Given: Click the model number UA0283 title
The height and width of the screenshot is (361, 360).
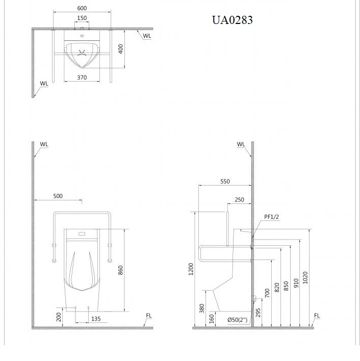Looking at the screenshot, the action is (232, 20).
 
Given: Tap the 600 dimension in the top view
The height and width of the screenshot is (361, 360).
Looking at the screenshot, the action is (82, 8).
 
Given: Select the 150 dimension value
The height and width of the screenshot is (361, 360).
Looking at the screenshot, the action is (82, 18).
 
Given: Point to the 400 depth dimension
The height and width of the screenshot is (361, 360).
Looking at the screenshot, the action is (120, 49).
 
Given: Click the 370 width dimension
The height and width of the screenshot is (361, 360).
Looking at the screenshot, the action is (82, 78).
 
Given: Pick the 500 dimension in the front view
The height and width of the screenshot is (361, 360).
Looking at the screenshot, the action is (58, 196).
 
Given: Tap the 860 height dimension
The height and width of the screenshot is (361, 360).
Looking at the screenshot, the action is (120, 270).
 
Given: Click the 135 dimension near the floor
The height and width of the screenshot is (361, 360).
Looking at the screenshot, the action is (96, 319).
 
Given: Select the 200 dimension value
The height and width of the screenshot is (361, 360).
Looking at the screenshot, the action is (59, 317).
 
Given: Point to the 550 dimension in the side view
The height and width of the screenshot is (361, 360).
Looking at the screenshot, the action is (225, 182).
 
